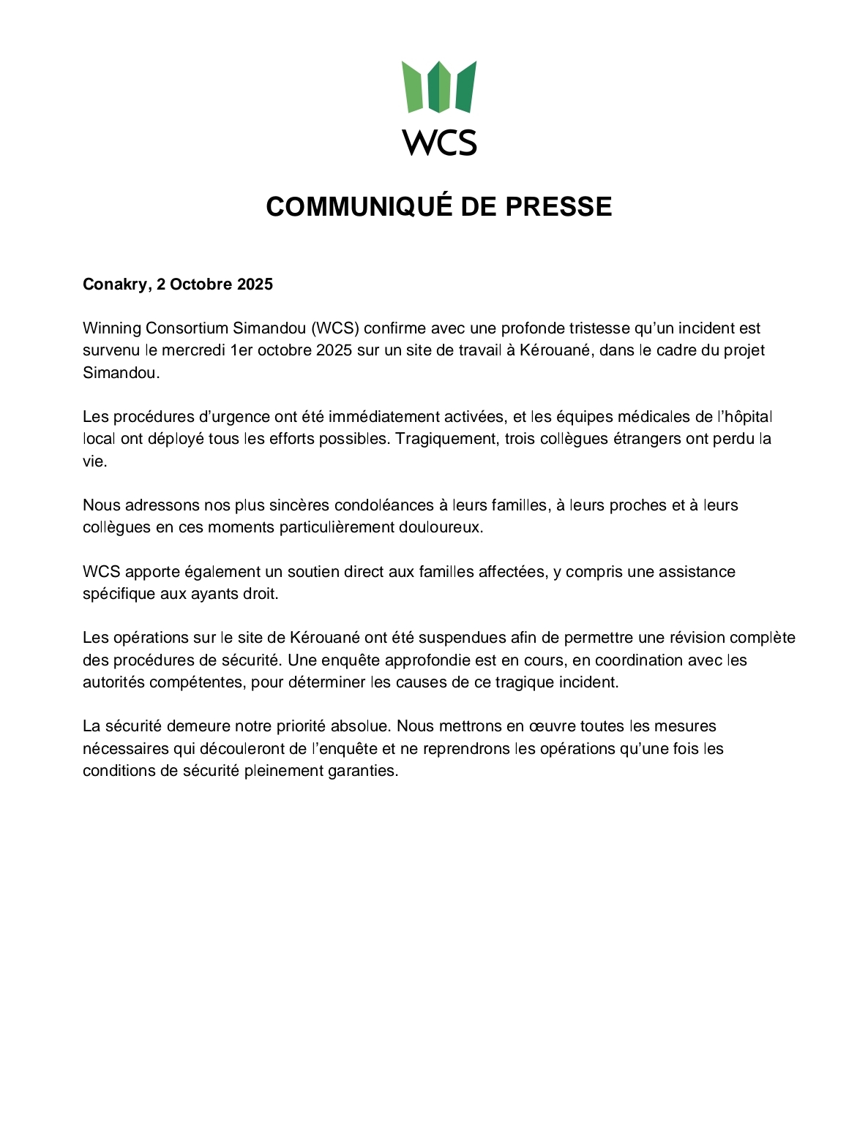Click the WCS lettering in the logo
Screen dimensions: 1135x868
pos(439,142)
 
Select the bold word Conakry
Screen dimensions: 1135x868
pos(115,284)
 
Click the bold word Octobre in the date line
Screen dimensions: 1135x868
pos(201,284)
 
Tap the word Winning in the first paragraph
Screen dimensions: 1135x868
pos(111,328)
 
